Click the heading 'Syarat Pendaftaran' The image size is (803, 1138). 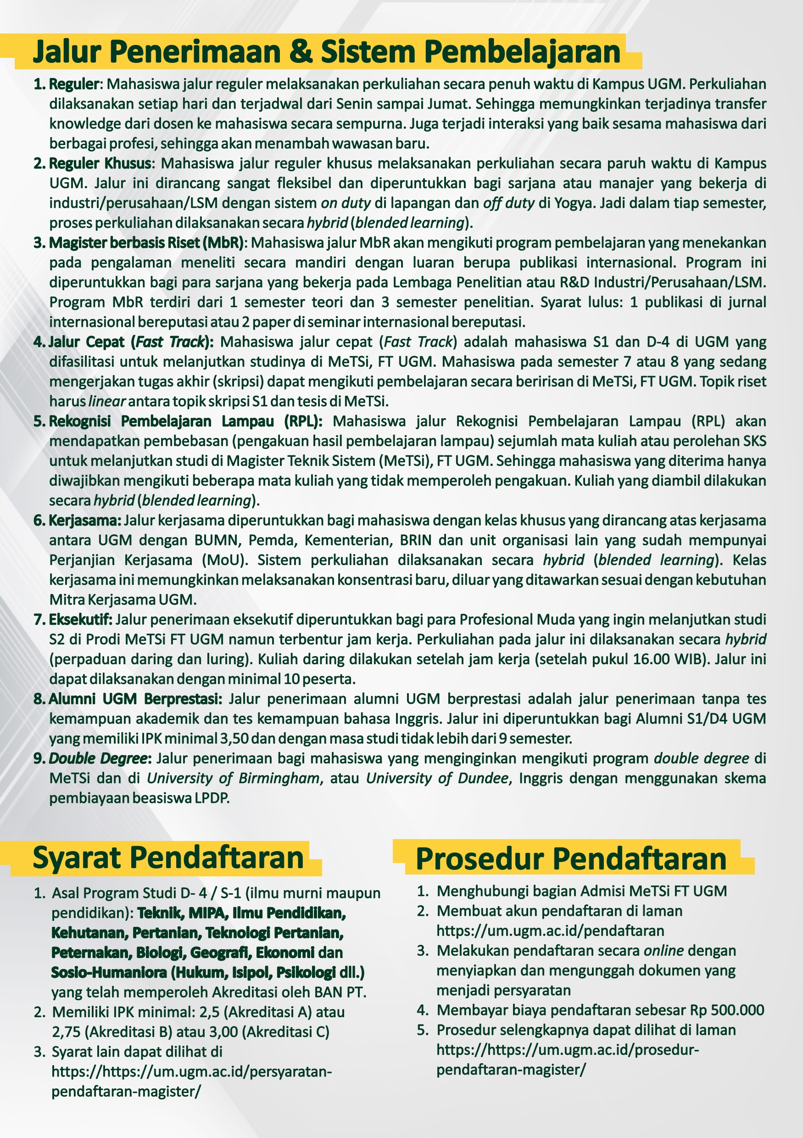[168, 858]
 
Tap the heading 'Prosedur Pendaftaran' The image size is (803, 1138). [571, 859]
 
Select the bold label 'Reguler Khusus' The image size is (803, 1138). [100, 163]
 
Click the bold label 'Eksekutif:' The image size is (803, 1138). [80, 620]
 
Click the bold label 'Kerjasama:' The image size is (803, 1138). [85, 521]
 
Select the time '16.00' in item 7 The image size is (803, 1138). [653, 659]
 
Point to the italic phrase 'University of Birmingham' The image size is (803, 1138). [233, 778]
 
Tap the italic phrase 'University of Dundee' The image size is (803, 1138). [437, 778]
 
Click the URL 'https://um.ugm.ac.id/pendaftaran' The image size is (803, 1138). [550, 931]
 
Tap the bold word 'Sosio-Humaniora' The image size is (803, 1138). [109, 972]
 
